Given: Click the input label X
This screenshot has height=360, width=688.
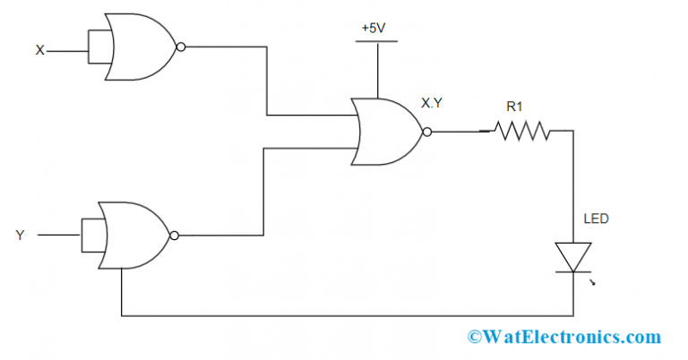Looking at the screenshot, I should pyautogui.click(x=39, y=51).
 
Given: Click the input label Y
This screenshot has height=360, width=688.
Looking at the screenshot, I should pyautogui.click(x=20, y=236).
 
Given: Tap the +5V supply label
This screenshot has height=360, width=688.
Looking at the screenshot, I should pyautogui.click(x=372, y=28).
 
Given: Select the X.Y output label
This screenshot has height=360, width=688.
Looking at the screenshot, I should pyautogui.click(x=431, y=103).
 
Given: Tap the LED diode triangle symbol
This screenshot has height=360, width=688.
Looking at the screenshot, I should pyautogui.click(x=571, y=256).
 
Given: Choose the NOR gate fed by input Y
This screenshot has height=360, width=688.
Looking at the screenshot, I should pyautogui.click(x=134, y=235).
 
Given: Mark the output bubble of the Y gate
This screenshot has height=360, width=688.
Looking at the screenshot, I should pyautogui.click(x=174, y=236).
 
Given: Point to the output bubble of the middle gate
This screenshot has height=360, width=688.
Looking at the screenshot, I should pyautogui.click(x=426, y=132).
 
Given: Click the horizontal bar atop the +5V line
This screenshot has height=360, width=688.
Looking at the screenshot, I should pyautogui.click(x=377, y=41).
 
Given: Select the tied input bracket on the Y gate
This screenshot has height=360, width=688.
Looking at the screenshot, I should pyautogui.click(x=91, y=236).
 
